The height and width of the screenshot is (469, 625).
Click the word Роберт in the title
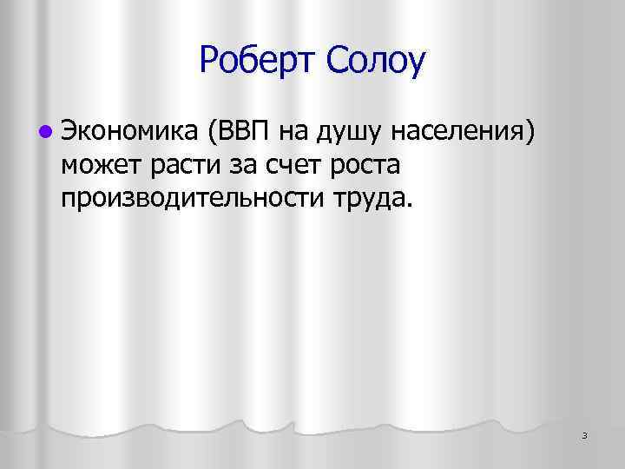[254, 61]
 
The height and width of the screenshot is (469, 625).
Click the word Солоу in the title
[372, 61]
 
